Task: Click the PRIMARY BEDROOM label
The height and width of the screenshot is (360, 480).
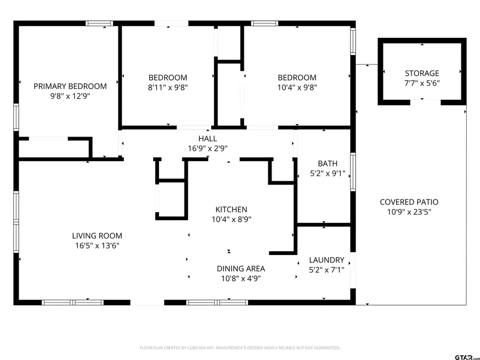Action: [70, 86]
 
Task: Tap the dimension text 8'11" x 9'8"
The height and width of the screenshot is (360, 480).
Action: [168, 87]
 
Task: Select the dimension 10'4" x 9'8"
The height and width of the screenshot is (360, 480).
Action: [296, 87]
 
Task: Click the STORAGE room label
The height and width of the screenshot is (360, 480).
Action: [422, 73]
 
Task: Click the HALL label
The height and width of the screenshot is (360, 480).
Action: [207, 139]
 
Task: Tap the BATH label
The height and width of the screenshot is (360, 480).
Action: [327, 164]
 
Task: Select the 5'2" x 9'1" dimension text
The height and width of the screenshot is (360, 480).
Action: [327, 173]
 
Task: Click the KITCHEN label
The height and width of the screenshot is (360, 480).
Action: [231, 210]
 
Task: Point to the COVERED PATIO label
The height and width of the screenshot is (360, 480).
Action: [409, 202]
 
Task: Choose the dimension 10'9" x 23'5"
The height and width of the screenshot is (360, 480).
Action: [409, 212]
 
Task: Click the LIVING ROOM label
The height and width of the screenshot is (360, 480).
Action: [97, 236]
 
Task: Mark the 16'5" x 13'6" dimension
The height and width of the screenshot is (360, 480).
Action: [97, 245]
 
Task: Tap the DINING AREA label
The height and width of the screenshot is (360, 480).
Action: [241, 269]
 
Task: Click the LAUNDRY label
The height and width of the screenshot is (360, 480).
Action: [327, 260]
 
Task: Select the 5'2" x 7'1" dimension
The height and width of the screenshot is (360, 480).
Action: [327, 270]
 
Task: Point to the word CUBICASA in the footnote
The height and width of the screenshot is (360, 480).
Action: [196, 348]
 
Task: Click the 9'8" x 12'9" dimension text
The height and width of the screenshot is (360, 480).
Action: [70, 96]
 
